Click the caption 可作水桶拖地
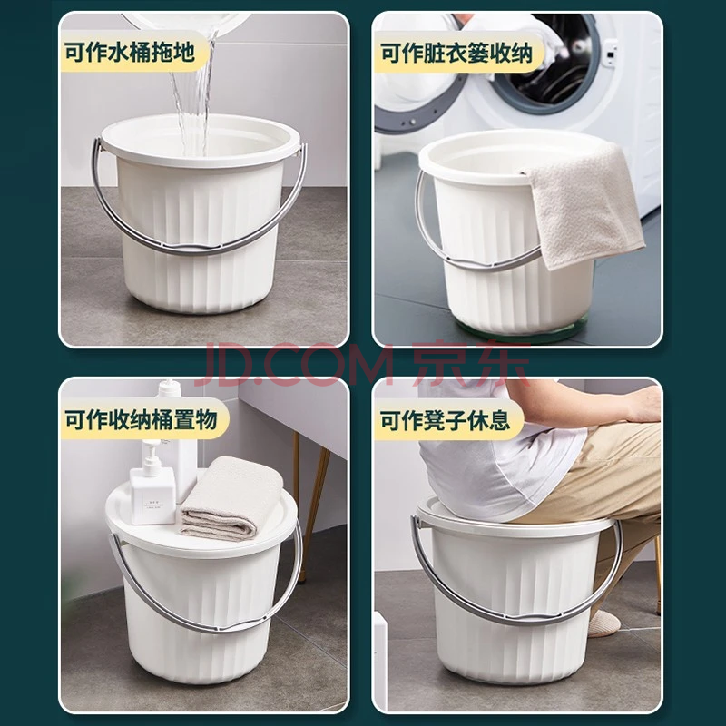(x=129, y=53)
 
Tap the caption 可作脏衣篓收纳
(x=456, y=54)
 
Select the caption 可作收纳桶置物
(x=141, y=419)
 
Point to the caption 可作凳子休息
(x=445, y=420)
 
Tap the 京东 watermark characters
(x=471, y=364)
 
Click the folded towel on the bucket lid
(x=231, y=498)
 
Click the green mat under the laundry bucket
(x=518, y=329)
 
